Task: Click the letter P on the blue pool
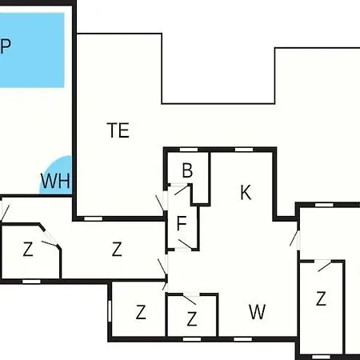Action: [6, 46]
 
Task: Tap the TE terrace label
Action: [118, 130]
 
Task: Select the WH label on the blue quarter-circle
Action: [55, 181]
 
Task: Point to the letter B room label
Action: [187, 170]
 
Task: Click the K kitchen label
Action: [246, 192]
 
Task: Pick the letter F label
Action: [182, 223]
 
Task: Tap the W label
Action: [258, 312]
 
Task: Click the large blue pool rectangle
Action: [32, 50]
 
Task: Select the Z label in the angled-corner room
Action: [28, 250]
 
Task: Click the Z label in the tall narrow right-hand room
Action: [321, 298]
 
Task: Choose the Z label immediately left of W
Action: [192, 319]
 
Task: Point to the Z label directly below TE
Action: [117, 249]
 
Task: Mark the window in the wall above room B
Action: [189, 150]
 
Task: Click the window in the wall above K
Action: [244, 150]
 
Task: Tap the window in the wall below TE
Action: [94, 218]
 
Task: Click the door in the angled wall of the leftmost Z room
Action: [50, 238]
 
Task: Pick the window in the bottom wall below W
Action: [242, 339]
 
